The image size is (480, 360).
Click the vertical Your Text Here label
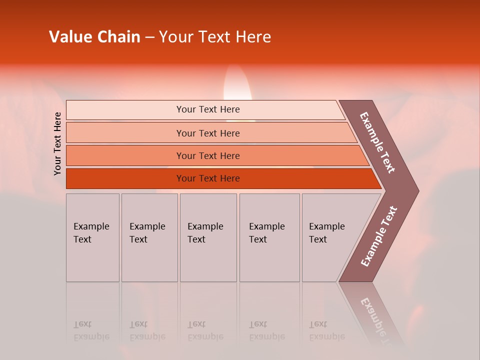click(x=57, y=143)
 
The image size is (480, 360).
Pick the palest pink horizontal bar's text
click(x=208, y=109)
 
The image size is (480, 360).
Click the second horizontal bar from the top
click(x=208, y=133)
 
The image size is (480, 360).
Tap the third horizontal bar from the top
click(x=208, y=155)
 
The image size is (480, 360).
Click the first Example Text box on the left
click(x=92, y=237)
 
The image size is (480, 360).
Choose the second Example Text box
click(x=149, y=237)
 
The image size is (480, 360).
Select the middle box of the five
click(x=208, y=237)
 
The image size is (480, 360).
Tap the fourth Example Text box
click(x=269, y=237)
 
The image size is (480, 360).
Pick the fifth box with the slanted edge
click(x=330, y=237)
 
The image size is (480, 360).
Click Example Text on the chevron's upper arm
click(x=377, y=142)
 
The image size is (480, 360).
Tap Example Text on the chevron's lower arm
click(x=379, y=236)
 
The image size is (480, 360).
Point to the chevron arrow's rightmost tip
click(x=418, y=190)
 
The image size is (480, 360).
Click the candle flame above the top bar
click(x=237, y=85)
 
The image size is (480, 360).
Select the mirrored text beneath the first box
click(x=91, y=330)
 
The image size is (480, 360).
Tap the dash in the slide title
click(x=149, y=37)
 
